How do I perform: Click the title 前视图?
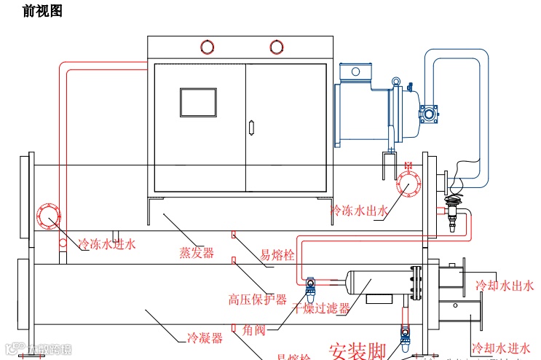click(43, 12)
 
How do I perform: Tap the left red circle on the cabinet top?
click(207, 47)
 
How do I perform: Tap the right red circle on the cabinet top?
click(276, 47)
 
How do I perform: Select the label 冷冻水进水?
click(107, 244)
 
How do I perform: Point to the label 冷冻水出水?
click(360, 211)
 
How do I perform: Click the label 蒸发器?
click(197, 253)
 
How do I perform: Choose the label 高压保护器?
click(258, 300)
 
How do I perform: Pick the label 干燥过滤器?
click(321, 308)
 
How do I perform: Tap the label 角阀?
click(256, 330)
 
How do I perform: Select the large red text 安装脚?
click(358, 351)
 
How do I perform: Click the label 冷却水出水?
click(505, 286)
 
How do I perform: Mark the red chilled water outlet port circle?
click(408, 184)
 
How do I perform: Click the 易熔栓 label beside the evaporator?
click(277, 256)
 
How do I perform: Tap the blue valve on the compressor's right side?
click(426, 114)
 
